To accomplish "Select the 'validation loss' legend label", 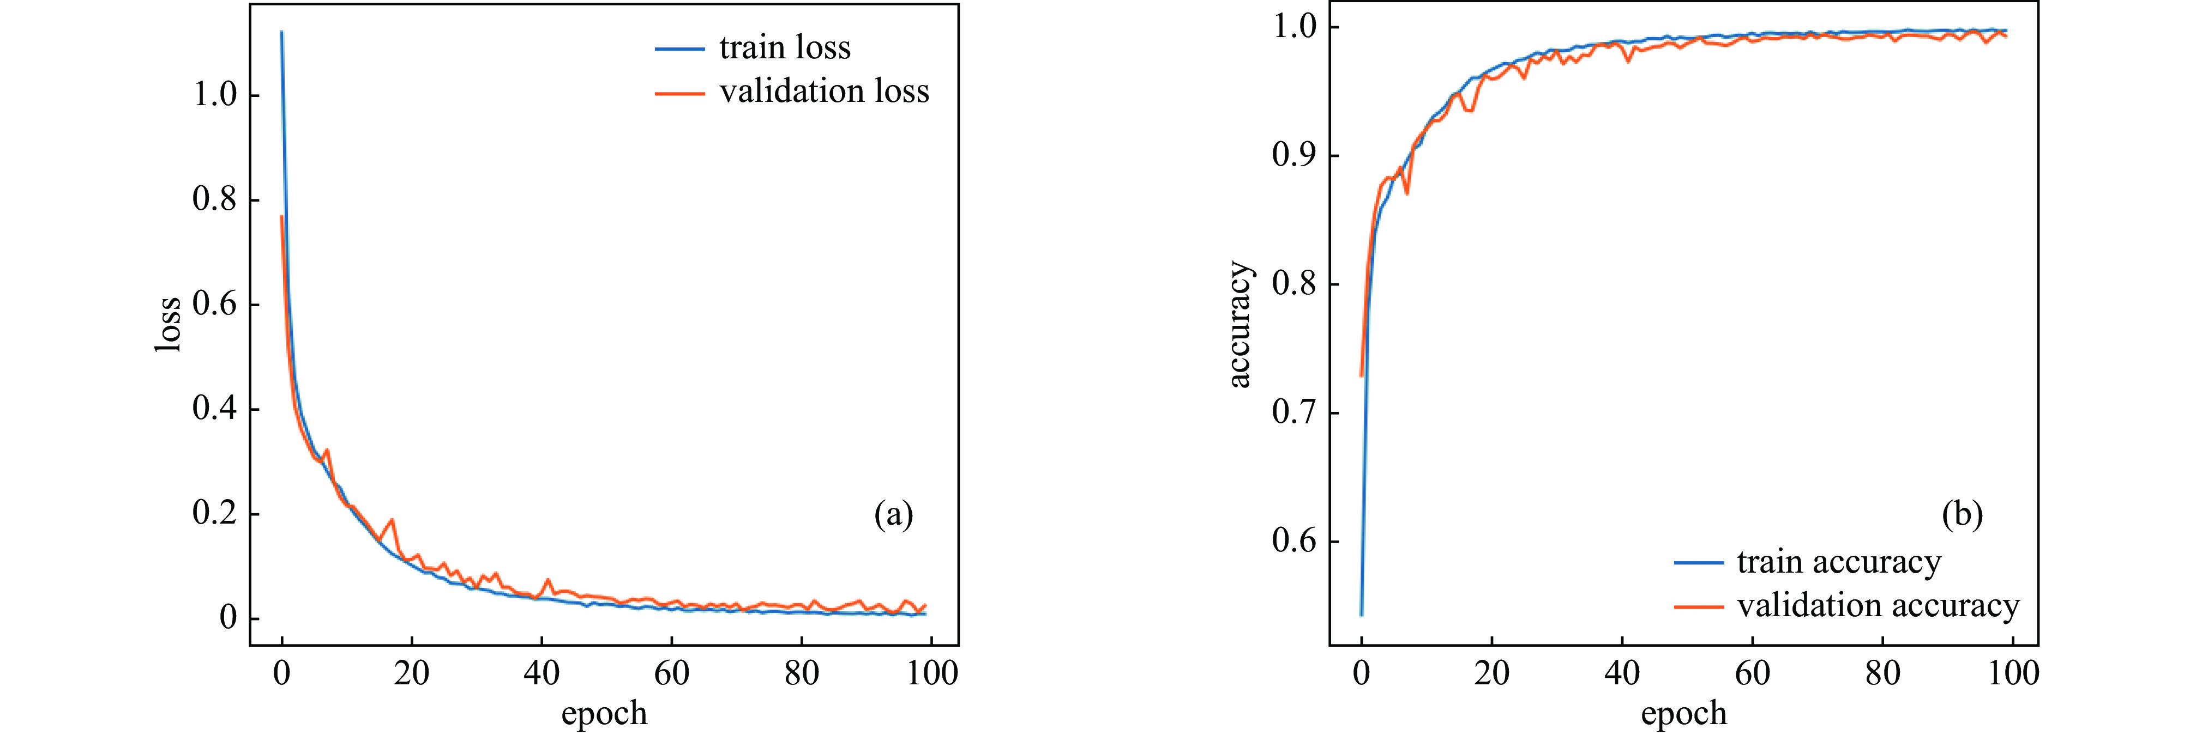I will click(x=824, y=91).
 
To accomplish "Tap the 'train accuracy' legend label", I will click(x=1839, y=562).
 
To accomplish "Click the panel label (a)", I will click(x=894, y=514).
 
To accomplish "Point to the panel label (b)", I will click(x=1962, y=514).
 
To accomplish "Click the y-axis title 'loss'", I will click(x=169, y=324).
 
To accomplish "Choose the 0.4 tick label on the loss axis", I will click(x=214, y=409).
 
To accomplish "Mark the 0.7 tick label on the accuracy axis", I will click(x=1294, y=413).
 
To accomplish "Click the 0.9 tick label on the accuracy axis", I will click(x=1294, y=155).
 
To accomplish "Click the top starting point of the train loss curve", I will click(x=281, y=32).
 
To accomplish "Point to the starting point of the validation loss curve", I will click(x=281, y=217).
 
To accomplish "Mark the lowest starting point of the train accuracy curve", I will click(x=1361, y=615).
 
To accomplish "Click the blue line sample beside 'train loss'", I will click(x=679, y=49).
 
